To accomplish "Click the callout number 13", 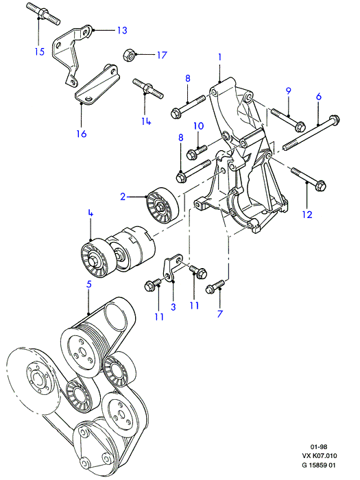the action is (122, 30).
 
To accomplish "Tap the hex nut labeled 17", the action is (129, 56).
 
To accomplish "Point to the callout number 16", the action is (82, 134).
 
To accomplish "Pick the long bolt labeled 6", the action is (311, 133).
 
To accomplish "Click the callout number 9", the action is (289, 91).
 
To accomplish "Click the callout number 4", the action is (91, 213).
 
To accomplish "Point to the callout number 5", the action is (88, 284).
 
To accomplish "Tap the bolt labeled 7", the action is (215, 286).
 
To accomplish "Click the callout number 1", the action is (220, 57).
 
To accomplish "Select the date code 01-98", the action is (319, 447).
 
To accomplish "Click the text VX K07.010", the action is (319, 456).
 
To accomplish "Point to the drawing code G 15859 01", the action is (319, 466).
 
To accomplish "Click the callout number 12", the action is (307, 214).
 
